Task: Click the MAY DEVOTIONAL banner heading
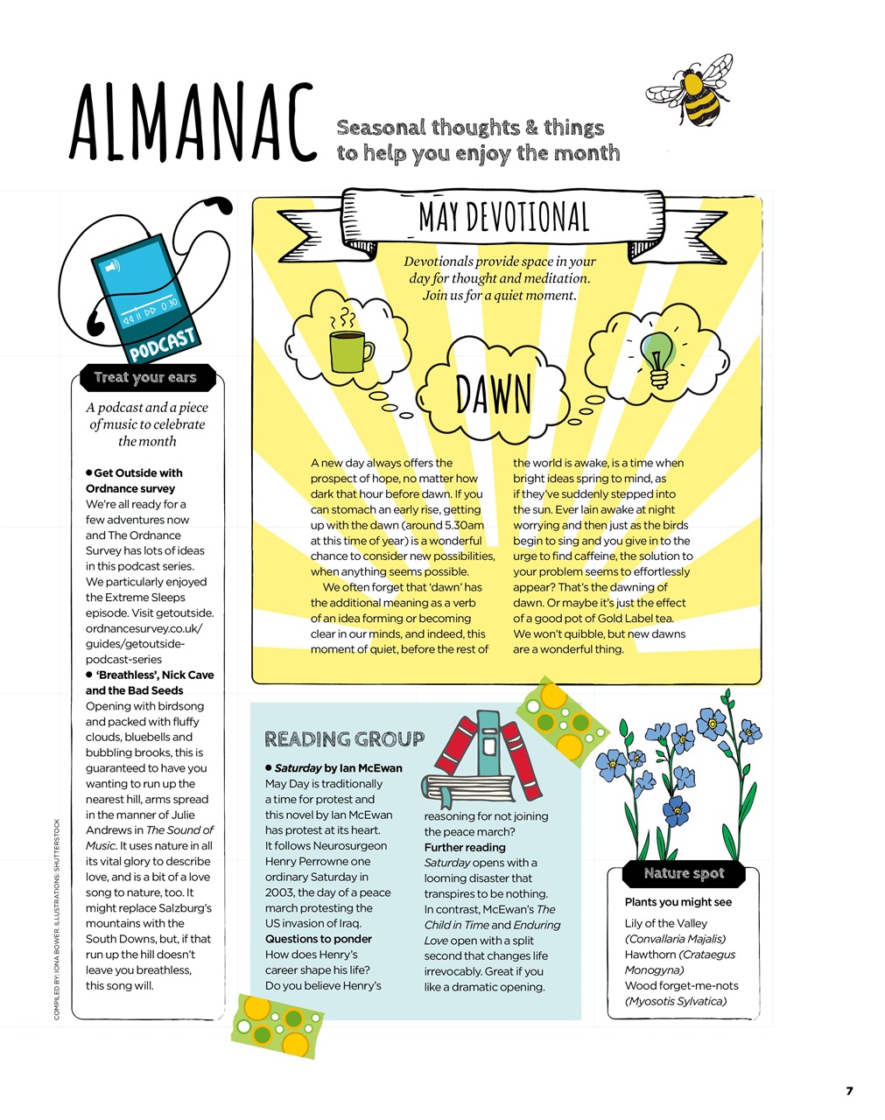(503, 218)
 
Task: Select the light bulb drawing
(657, 354)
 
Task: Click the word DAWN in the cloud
(493, 395)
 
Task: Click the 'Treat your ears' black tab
(145, 377)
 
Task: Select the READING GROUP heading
(344, 739)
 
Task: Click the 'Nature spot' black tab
(684, 872)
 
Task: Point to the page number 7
(848, 1090)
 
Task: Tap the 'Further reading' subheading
(465, 847)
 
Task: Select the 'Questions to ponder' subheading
(319, 939)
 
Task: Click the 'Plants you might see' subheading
(678, 902)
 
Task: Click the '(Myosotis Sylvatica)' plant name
(675, 1001)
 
